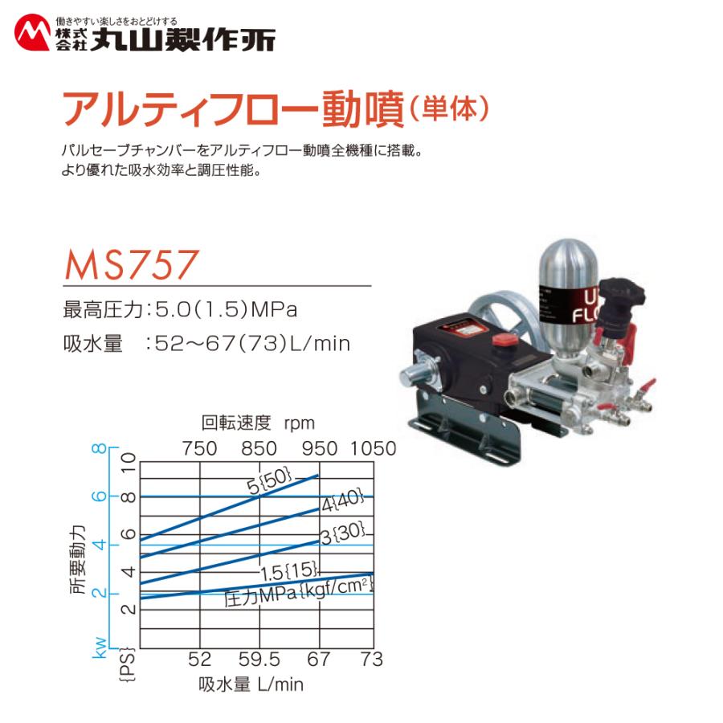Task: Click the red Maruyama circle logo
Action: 34,35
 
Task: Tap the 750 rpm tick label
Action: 200,448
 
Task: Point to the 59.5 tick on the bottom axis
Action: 259,660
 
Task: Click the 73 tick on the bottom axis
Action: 370,660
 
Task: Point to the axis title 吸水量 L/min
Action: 251,685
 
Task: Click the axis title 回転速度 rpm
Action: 258,423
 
